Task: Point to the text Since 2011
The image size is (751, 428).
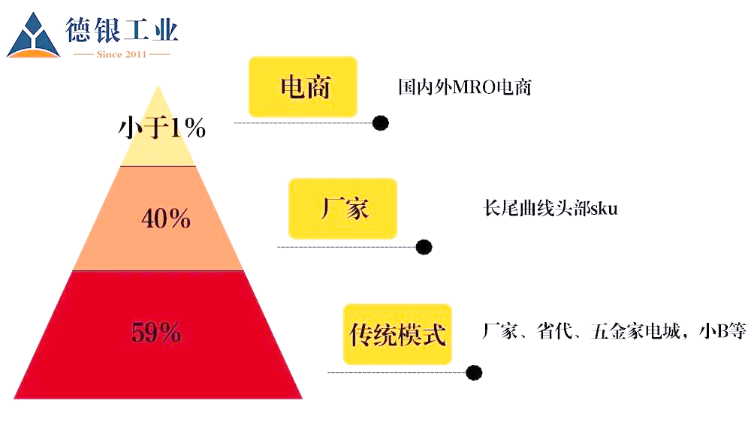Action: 122,55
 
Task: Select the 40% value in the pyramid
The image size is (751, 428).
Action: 166,219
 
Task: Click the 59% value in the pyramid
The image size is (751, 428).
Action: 156,332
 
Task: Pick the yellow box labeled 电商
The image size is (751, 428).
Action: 303,87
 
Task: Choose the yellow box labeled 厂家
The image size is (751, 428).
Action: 342,208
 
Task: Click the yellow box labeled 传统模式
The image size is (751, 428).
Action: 397,333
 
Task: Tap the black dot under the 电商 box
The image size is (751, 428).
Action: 381,122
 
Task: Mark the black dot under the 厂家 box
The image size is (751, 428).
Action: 424,246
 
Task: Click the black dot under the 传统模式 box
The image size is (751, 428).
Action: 474,372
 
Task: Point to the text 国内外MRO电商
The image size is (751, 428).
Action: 464,87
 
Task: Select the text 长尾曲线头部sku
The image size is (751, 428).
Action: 550,209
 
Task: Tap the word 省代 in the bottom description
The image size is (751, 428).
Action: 557,331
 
